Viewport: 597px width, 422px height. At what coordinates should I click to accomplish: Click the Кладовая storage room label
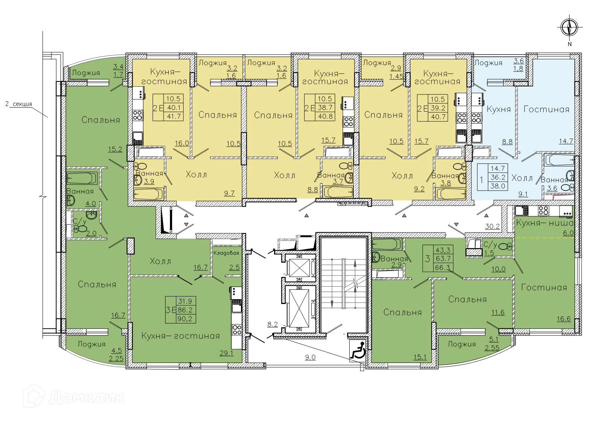click(x=226, y=253)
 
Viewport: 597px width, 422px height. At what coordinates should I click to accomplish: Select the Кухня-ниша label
click(x=544, y=223)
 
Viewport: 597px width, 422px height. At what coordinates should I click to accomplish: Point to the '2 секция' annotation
click(x=19, y=104)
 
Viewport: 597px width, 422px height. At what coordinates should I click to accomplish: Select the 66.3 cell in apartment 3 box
click(x=443, y=267)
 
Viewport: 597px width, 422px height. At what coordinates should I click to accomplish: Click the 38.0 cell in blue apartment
click(x=497, y=185)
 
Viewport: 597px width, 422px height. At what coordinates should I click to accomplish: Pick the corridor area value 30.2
click(x=492, y=226)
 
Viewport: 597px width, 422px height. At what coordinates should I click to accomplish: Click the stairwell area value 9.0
click(x=310, y=357)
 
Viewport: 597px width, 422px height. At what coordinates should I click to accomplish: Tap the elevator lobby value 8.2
click(x=272, y=324)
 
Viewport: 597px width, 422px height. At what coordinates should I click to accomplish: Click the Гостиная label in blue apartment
click(x=546, y=109)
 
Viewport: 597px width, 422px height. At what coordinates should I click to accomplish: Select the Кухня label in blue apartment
click(x=499, y=109)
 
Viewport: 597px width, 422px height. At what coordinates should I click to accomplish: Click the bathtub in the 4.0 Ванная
click(x=82, y=178)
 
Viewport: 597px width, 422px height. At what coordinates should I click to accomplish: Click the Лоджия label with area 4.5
click(x=91, y=344)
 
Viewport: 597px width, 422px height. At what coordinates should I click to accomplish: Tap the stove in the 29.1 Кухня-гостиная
click(x=236, y=330)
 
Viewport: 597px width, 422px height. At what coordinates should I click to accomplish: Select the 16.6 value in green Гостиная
click(x=563, y=319)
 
